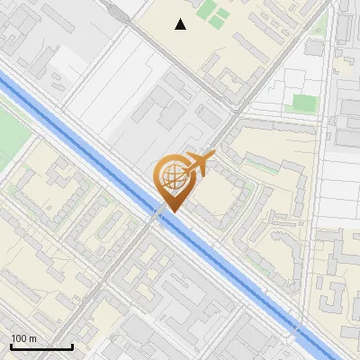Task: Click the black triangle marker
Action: (181, 24)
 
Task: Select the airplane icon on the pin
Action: (200, 164)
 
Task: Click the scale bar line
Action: (41, 346)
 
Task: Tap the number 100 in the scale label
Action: (19, 338)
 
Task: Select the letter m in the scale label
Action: (32, 338)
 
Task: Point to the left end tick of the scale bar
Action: (12, 345)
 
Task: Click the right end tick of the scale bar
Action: (72, 345)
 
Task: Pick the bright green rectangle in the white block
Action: (301, 103)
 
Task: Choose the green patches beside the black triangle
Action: (214, 13)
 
